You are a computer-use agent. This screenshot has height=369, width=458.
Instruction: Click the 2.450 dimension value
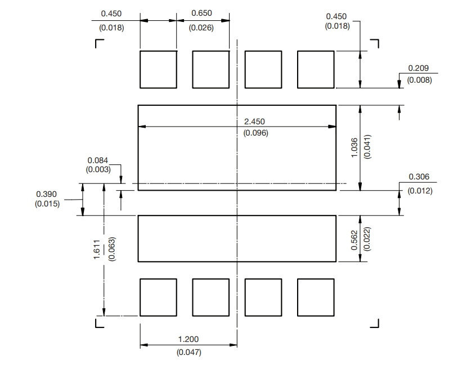[x=254, y=121]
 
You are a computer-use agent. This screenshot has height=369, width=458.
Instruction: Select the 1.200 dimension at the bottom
[x=188, y=340]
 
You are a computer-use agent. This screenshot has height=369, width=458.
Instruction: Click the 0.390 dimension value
[x=47, y=194]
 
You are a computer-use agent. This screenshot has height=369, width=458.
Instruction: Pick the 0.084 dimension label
[x=98, y=160]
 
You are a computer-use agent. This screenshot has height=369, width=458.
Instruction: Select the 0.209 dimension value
[x=419, y=68]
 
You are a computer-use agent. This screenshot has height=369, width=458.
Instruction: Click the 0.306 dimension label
[x=419, y=177]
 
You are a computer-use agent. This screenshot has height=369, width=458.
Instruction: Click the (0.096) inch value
[x=255, y=133]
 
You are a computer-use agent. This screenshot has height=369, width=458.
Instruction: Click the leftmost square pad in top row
[x=158, y=70]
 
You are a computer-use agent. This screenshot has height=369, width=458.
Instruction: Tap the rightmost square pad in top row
[x=316, y=70]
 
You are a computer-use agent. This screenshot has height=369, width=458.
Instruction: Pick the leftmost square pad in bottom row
[x=158, y=297]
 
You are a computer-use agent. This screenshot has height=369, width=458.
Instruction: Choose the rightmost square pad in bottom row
[x=316, y=297]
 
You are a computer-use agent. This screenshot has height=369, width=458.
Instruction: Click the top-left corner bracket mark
[x=99, y=43]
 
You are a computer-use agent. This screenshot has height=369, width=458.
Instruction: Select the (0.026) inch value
[x=201, y=27]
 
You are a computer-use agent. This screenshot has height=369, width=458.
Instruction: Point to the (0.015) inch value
[x=47, y=204]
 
